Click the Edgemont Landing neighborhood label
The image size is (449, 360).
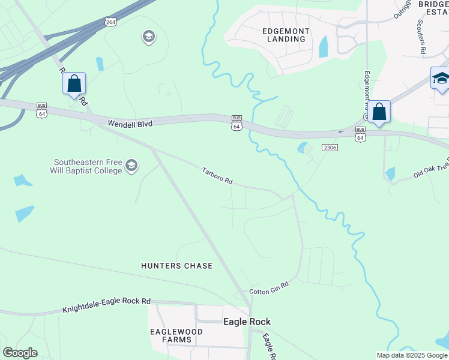[285, 35]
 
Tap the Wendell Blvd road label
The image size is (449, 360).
[130, 123]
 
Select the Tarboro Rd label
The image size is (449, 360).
[217, 175]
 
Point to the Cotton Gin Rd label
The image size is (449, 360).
[270, 287]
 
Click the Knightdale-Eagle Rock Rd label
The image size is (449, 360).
[106, 307]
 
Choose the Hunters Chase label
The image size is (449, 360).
[176, 265]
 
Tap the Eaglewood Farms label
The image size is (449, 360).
[171, 335]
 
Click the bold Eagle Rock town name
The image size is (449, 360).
[247, 322]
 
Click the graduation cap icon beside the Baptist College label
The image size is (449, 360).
[132, 166]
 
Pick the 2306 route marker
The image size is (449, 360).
[330, 147]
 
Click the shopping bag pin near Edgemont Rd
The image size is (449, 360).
[379, 112]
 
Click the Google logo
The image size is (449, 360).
[20, 353]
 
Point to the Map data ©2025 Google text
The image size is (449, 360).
[411, 355]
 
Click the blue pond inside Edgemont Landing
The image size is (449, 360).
[324, 46]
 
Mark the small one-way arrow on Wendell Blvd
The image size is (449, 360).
[342, 131]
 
